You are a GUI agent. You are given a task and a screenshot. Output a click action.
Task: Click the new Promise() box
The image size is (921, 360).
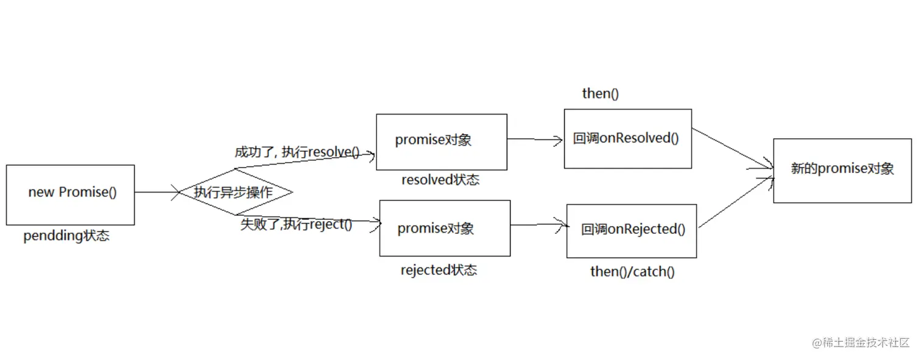pos(70,194)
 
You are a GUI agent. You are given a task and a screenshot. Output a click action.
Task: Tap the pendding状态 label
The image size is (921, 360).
pos(66,236)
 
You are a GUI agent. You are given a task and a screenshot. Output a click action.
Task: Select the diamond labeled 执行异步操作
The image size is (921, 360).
pos(234,192)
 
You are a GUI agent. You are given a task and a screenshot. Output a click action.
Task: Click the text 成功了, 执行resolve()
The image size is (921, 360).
pos(297,152)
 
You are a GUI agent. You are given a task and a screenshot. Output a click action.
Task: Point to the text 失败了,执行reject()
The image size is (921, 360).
pos(296,224)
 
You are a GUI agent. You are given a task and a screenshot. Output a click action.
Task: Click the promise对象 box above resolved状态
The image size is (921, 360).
pos(441,141)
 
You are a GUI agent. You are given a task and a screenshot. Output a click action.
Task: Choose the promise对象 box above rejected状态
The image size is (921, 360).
pos(445,228)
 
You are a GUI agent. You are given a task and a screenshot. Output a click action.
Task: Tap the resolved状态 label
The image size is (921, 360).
pos(440,180)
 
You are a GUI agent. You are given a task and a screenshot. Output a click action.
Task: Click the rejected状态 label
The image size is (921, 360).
pos(439,270)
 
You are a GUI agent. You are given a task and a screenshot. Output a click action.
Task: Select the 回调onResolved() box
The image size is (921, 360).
pos(627,138)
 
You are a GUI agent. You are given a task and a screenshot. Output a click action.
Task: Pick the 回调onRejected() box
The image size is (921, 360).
pos(631,230)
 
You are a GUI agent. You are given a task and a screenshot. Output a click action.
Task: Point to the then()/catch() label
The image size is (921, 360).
pos(632,272)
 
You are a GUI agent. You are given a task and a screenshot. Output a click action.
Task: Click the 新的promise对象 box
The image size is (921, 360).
pos(842,170)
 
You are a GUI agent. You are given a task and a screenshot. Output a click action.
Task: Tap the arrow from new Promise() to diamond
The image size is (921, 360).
pos(156,192)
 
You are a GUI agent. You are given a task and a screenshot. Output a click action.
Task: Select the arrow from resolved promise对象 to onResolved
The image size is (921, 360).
pos(535,139)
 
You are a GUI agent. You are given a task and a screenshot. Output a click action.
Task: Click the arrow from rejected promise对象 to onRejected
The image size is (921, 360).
pos(538,225)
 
